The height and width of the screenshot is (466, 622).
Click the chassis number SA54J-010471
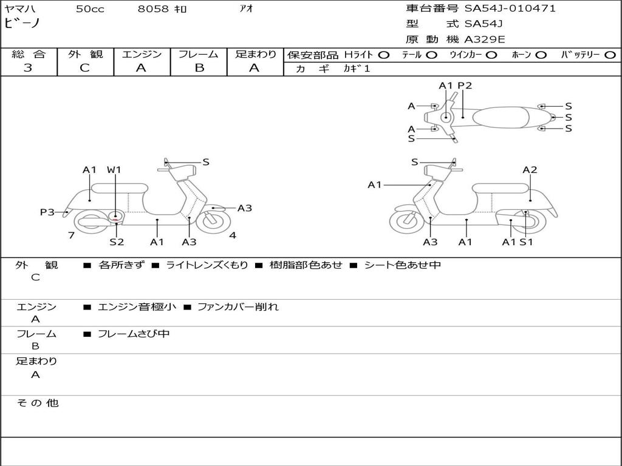tap(510, 8)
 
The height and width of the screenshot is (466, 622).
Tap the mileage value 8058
tap(153, 9)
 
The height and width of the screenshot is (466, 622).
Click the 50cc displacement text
tap(90, 9)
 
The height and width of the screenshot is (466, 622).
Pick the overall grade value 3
tap(28, 68)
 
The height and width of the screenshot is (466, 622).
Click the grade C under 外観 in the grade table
tap(85, 68)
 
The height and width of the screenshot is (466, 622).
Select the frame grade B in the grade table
tap(199, 68)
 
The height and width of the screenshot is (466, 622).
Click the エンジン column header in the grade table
tap(142, 55)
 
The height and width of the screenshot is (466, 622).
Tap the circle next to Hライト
tap(383, 55)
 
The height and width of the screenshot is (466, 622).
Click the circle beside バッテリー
tap(610, 55)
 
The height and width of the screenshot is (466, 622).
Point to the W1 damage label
tap(114, 170)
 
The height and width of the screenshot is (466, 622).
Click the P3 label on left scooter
tap(47, 212)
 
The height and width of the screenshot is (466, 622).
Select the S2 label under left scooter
tap(117, 242)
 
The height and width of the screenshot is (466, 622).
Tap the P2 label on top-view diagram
tap(465, 86)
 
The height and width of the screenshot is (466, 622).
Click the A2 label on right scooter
tap(530, 170)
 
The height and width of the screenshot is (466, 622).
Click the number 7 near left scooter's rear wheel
tap(71, 235)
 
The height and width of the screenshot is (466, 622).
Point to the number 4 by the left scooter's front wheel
tap(233, 235)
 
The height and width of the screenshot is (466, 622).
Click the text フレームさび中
tap(134, 334)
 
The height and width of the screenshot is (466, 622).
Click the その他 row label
tap(37, 403)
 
